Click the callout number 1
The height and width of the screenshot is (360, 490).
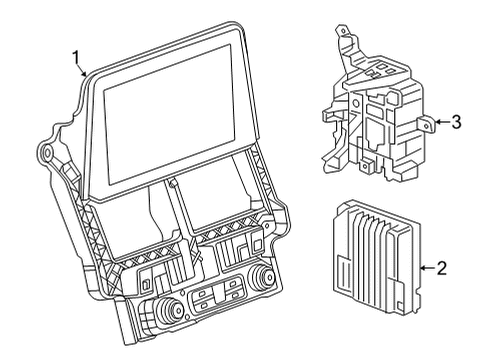point(77,57)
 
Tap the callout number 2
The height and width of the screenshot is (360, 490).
point(441,268)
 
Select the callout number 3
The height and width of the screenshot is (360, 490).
point(456,122)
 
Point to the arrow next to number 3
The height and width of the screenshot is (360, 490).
point(442,122)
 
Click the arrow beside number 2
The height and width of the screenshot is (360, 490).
point(427,268)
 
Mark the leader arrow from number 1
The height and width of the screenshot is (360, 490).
point(82,70)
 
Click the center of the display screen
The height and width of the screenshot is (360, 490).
point(169,114)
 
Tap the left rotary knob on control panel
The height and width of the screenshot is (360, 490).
point(169,310)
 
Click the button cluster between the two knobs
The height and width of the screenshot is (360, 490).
point(217,293)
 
